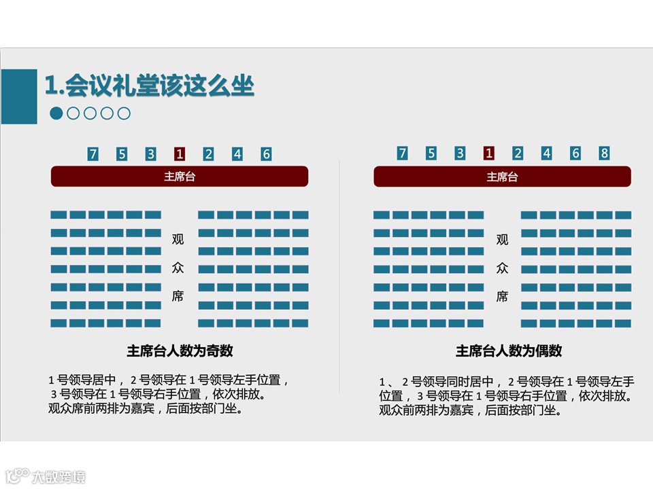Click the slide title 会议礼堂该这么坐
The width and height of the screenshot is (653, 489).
coord(150,86)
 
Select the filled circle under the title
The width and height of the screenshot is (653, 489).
coord(56,113)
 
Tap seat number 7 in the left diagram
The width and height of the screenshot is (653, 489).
coord(93,154)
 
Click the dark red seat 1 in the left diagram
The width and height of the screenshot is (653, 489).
coord(180,154)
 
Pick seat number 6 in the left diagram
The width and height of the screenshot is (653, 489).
coord(266,154)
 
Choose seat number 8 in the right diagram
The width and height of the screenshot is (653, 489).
coord(604,153)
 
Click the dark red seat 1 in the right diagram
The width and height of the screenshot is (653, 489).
coord(488,153)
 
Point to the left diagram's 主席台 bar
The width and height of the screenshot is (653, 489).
coord(180,177)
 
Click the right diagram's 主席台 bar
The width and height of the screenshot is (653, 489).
coord(502,177)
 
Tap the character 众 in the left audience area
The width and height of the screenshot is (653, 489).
coord(178,268)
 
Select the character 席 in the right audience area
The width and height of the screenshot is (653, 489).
coord(502,296)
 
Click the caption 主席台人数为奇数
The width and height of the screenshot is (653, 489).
coord(180,351)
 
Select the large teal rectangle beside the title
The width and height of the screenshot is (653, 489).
coord(19,96)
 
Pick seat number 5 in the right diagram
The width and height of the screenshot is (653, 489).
coord(431,153)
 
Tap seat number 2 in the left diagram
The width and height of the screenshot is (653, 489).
coord(208,154)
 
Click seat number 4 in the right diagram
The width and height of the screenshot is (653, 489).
coord(546,153)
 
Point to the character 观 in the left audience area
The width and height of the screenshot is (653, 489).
coord(178,239)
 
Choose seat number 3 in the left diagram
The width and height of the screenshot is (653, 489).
coord(151,154)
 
